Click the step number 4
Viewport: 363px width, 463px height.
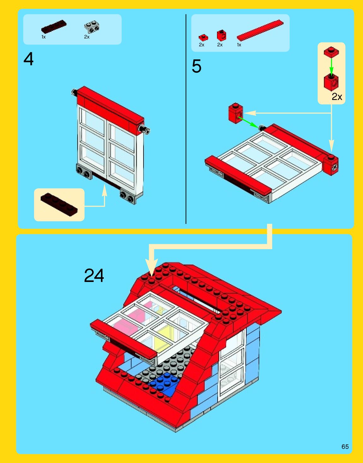(28, 59)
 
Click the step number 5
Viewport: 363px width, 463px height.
(196, 66)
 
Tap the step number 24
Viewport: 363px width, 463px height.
(94, 275)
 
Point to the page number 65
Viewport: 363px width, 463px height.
(345, 447)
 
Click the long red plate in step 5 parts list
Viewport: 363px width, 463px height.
(260, 30)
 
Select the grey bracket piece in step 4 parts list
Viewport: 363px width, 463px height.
(92, 27)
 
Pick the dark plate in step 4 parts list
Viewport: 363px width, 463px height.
(54, 27)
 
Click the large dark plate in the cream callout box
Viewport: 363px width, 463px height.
(59, 204)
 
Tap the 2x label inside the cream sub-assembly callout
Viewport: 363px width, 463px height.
(337, 97)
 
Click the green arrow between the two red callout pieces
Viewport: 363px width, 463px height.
(331, 66)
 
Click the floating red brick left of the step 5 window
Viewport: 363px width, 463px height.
(236, 113)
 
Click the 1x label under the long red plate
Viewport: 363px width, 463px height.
(239, 45)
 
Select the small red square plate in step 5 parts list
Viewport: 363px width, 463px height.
(203, 38)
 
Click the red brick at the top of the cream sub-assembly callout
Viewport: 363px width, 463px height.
(331, 52)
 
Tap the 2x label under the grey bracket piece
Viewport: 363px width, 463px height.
(87, 37)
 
